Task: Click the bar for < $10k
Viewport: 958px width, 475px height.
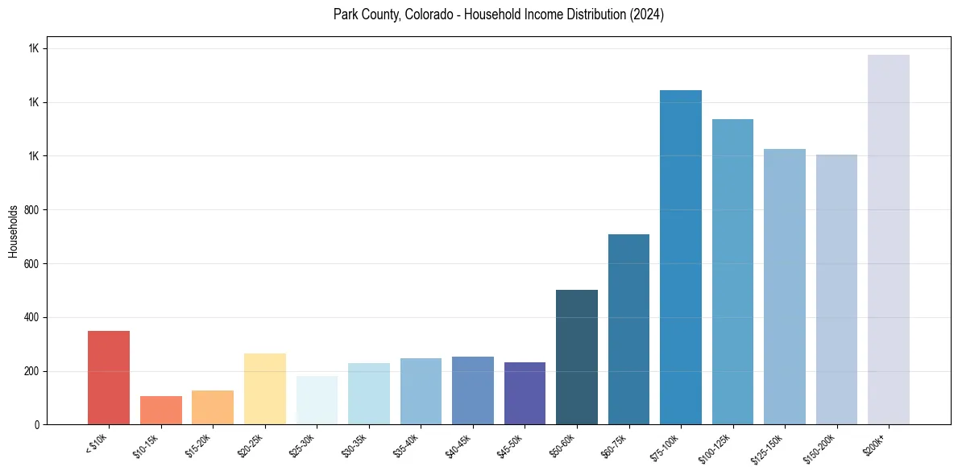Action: pyautogui.click(x=109, y=378)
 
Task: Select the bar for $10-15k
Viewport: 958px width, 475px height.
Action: pyautogui.click(x=160, y=410)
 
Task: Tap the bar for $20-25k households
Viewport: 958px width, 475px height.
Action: pyautogui.click(x=264, y=389)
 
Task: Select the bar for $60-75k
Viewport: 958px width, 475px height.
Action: pyautogui.click(x=628, y=329)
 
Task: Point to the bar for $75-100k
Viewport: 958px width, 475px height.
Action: pyautogui.click(x=681, y=257)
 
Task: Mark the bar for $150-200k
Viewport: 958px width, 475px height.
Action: pyautogui.click(x=836, y=289)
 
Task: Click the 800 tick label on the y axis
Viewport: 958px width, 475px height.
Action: pyautogui.click(x=31, y=209)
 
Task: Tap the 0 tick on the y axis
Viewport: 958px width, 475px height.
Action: pyautogui.click(x=37, y=424)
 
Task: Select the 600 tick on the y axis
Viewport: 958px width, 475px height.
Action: pyautogui.click(x=31, y=263)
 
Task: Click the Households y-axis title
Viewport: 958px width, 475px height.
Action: pyautogui.click(x=13, y=231)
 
